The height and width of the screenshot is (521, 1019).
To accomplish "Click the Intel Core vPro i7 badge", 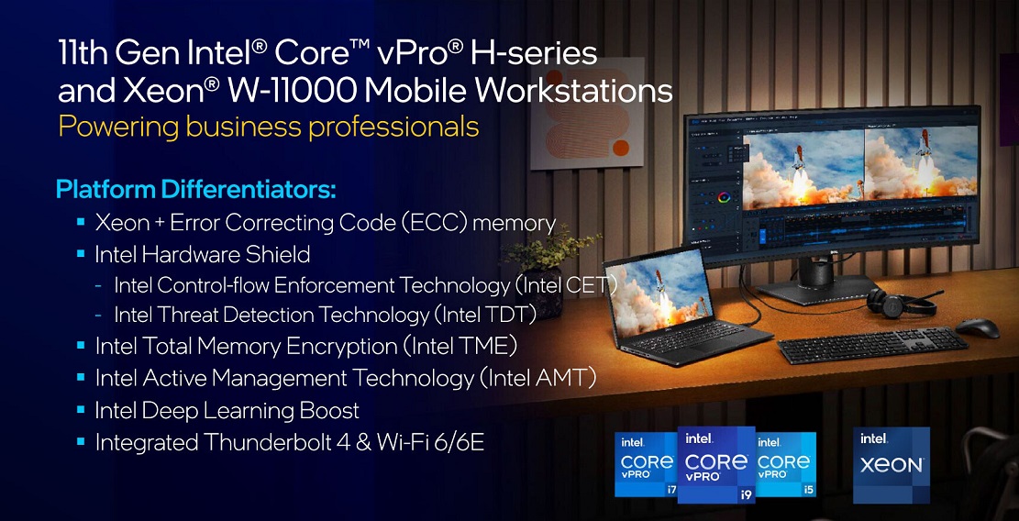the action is click(646, 464).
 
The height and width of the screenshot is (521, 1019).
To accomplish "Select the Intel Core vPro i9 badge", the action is click(716, 464).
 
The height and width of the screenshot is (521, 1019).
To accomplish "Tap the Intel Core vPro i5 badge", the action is click(785, 464).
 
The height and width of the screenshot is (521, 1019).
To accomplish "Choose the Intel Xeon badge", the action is click(891, 464).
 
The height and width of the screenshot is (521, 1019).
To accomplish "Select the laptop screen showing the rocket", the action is click(657, 292).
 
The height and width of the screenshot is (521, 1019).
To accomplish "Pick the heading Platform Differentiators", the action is click(196, 191).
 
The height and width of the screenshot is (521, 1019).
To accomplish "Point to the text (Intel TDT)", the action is click(483, 316).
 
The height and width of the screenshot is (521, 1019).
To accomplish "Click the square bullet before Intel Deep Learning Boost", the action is click(81, 409).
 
